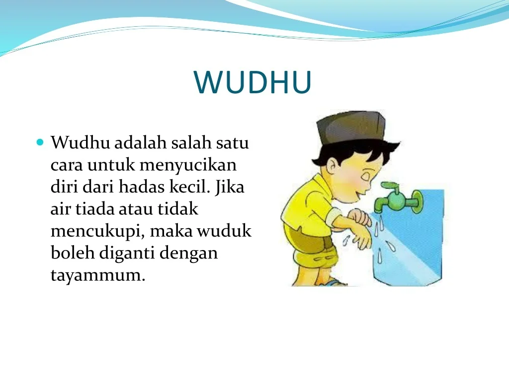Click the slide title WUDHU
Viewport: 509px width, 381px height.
[x=253, y=82]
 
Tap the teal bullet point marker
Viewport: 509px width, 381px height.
[x=40, y=142]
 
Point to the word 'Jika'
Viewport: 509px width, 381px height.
[x=230, y=186]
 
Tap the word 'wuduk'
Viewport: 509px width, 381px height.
[x=224, y=231]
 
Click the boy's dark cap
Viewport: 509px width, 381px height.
[x=350, y=127]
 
